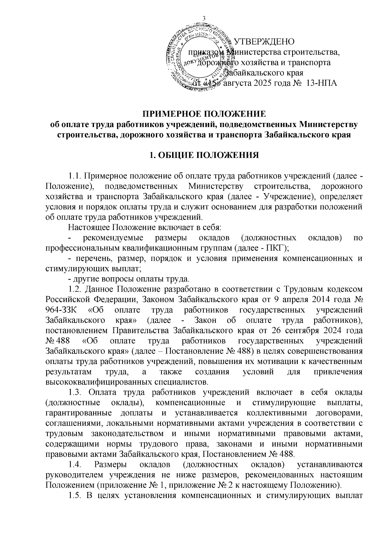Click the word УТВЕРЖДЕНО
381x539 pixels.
coord(264,42)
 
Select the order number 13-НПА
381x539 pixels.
coord(320,83)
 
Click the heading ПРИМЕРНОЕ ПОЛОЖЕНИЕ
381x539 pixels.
coord(204,114)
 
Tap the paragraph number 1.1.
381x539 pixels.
coord(75,176)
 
